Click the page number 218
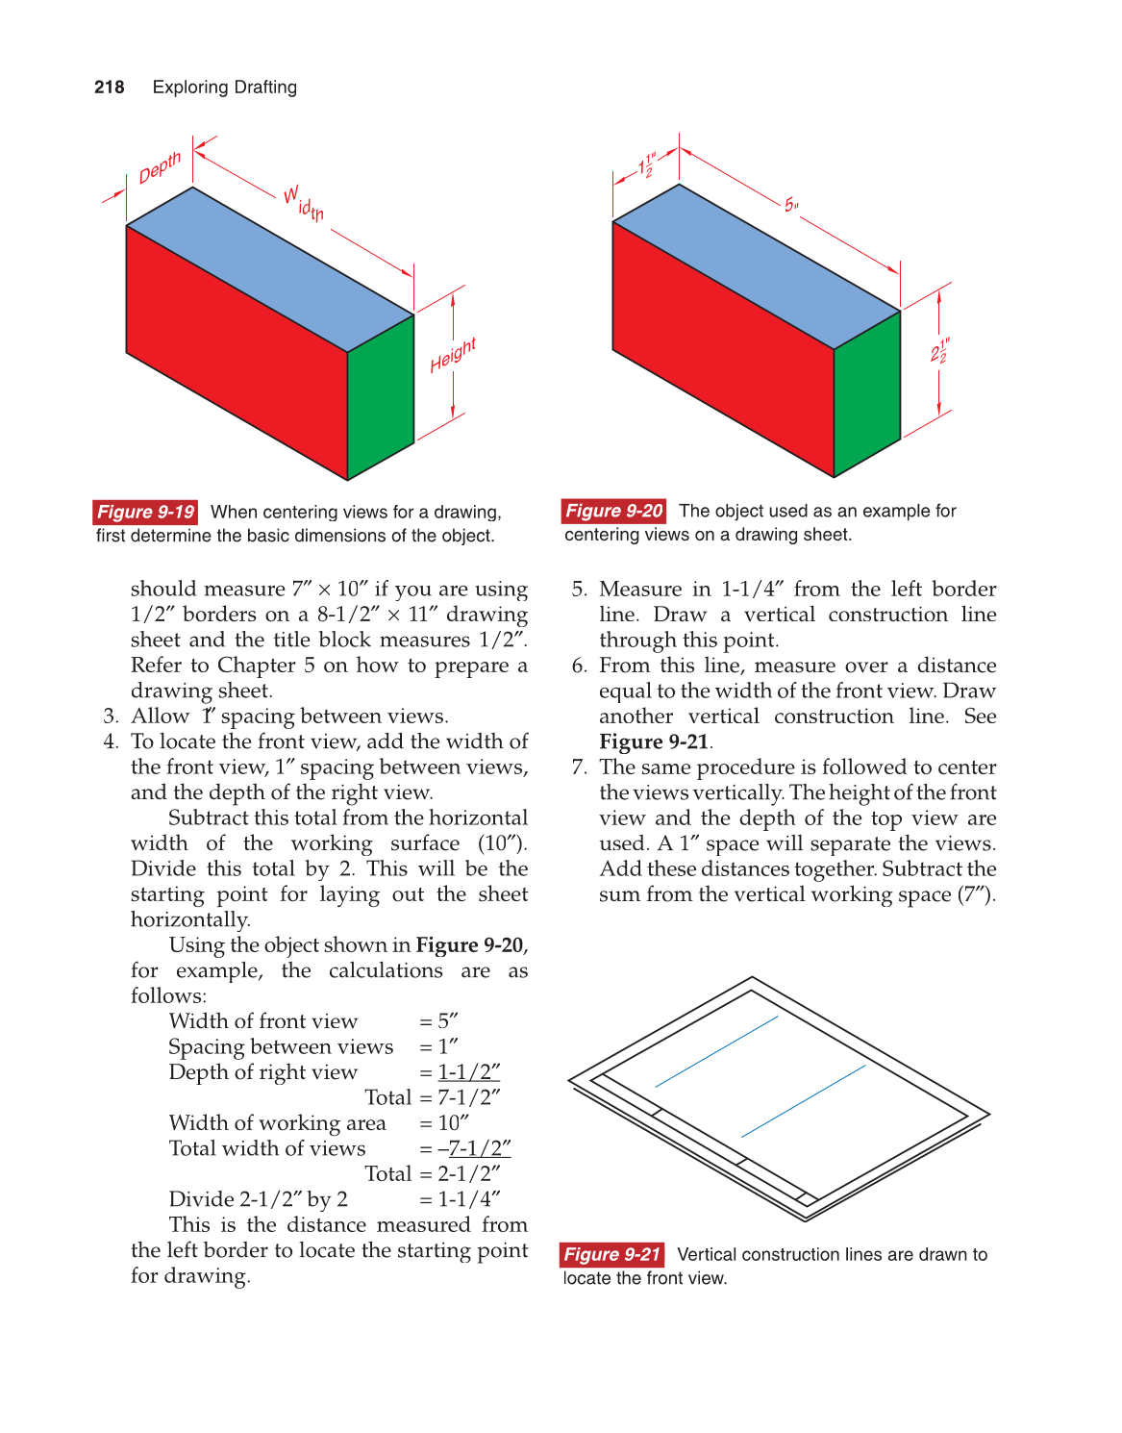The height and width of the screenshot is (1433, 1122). pyautogui.click(x=110, y=88)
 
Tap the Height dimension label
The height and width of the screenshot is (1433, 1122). pyautogui.click(x=453, y=355)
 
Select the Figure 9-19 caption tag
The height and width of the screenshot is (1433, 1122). pyautogui.click(x=146, y=512)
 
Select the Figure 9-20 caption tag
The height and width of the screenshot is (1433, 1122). pyautogui.click(x=614, y=511)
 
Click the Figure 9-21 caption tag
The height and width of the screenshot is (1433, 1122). pyautogui.click(x=612, y=1254)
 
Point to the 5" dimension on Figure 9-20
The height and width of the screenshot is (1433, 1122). pyautogui.click(x=791, y=205)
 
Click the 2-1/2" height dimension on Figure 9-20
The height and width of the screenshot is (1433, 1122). pyautogui.click(x=939, y=351)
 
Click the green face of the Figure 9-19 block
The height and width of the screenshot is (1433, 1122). pyautogui.click(x=381, y=394)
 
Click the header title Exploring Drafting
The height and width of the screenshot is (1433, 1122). pyautogui.click(x=225, y=88)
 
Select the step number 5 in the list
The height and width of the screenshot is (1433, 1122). pyautogui.click(x=579, y=589)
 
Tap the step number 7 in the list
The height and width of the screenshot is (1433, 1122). pyautogui.click(x=579, y=767)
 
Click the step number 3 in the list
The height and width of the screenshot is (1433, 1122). pyautogui.click(x=111, y=716)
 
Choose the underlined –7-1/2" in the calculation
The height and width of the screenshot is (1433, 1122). pyautogui.click(x=474, y=1148)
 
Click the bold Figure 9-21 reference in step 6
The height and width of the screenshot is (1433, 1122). pyautogui.click(x=654, y=742)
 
